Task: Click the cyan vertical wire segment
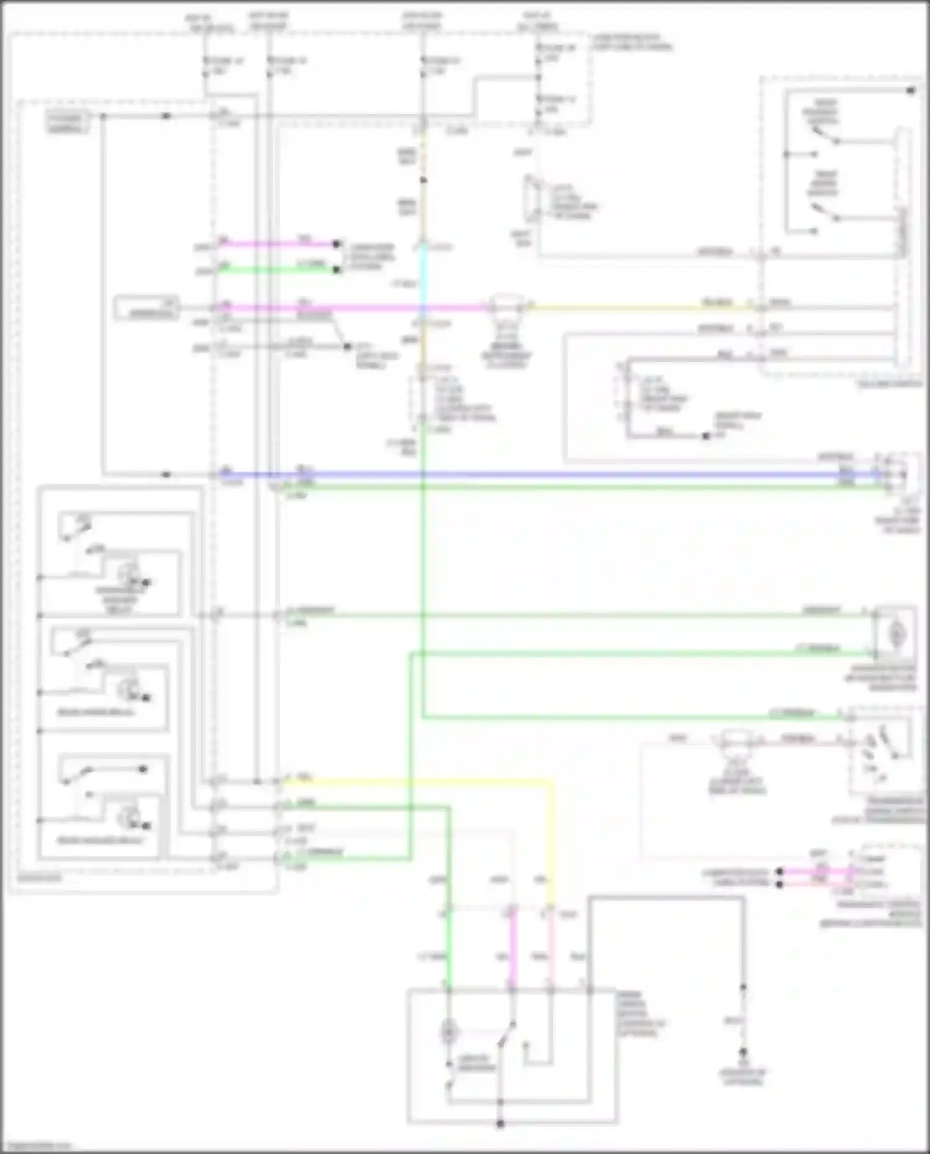coord(423,273)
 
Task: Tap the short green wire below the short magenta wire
coord(279,269)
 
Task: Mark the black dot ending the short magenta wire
coord(337,244)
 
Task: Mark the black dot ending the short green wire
coord(337,270)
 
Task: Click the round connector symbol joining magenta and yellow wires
coord(503,306)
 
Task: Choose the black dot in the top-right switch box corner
coord(911,91)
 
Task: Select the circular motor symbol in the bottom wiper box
coord(448,1032)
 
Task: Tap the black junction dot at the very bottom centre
coord(500,1124)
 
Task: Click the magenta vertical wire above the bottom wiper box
coord(513,949)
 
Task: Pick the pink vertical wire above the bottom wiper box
coord(551,949)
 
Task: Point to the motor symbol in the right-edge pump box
coord(897,634)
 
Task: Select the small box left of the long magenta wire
coord(147,308)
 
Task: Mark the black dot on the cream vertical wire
coord(423,180)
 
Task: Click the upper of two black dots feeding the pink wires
coord(780,872)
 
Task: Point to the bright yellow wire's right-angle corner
coord(551,783)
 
